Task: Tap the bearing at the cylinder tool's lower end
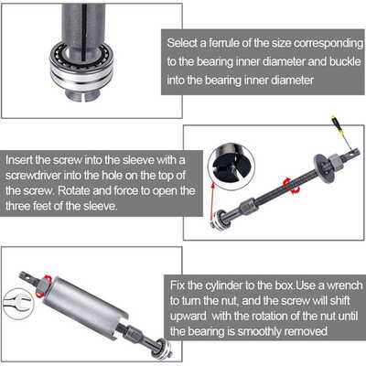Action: pos(162,349)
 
